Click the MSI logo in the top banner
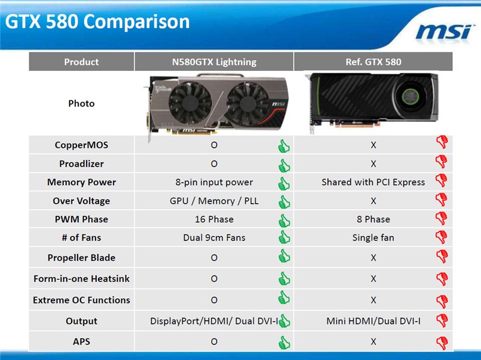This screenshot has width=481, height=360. pyautogui.click(x=444, y=32)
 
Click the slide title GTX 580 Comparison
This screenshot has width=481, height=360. pyautogui.click(x=97, y=22)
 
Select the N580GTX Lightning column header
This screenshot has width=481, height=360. pyautogui.click(x=214, y=62)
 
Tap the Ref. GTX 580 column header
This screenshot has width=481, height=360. pyautogui.click(x=373, y=62)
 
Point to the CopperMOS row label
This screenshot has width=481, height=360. pyautogui.click(x=81, y=145)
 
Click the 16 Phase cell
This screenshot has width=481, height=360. pyautogui.click(x=214, y=219)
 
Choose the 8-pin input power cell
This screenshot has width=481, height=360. pyautogui.click(x=214, y=182)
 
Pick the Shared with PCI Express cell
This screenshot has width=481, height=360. pyautogui.click(x=373, y=182)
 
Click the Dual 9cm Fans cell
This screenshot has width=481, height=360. pyautogui.click(x=214, y=237)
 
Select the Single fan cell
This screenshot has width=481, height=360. pyautogui.click(x=373, y=237)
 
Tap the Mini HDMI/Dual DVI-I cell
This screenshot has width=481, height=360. pyautogui.click(x=373, y=321)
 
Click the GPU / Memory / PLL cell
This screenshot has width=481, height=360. pyautogui.click(x=214, y=201)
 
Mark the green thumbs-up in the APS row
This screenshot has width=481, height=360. pyautogui.click(x=284, y=342)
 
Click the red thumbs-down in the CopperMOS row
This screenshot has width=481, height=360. pyautogui.click(x=442, y=142)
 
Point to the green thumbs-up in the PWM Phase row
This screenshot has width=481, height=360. pyautogui.click(x=284, y=221)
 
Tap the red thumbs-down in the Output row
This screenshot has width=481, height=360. pyautogui.click(x=442, y=320)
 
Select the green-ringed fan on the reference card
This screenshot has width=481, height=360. pyautogui.click(x=411, y=96)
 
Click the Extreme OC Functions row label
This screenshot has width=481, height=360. pyautogui.click(x=81, y=300)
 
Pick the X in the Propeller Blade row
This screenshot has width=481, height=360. pyautogui.click(x=373, y=258)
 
